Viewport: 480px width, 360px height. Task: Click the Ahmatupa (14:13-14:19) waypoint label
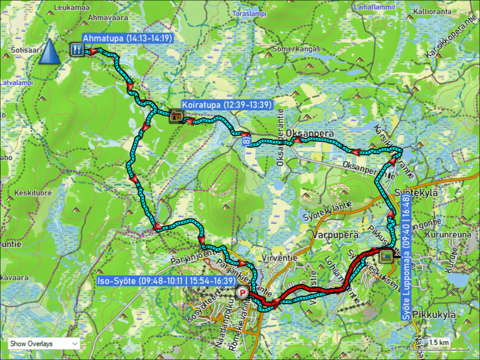(127, 38)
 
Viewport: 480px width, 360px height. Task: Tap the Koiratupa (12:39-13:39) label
(227, 105)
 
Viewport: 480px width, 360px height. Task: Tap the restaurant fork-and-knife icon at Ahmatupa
(76, 49)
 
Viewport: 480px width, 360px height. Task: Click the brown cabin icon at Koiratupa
(176, 116)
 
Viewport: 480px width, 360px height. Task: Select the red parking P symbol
(242, 294)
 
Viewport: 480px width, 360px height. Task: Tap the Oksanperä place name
(310, 134)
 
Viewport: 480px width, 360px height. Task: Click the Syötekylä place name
(416, 193)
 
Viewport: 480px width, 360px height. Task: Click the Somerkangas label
(296, 49)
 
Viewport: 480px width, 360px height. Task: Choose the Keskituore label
(33, 193)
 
